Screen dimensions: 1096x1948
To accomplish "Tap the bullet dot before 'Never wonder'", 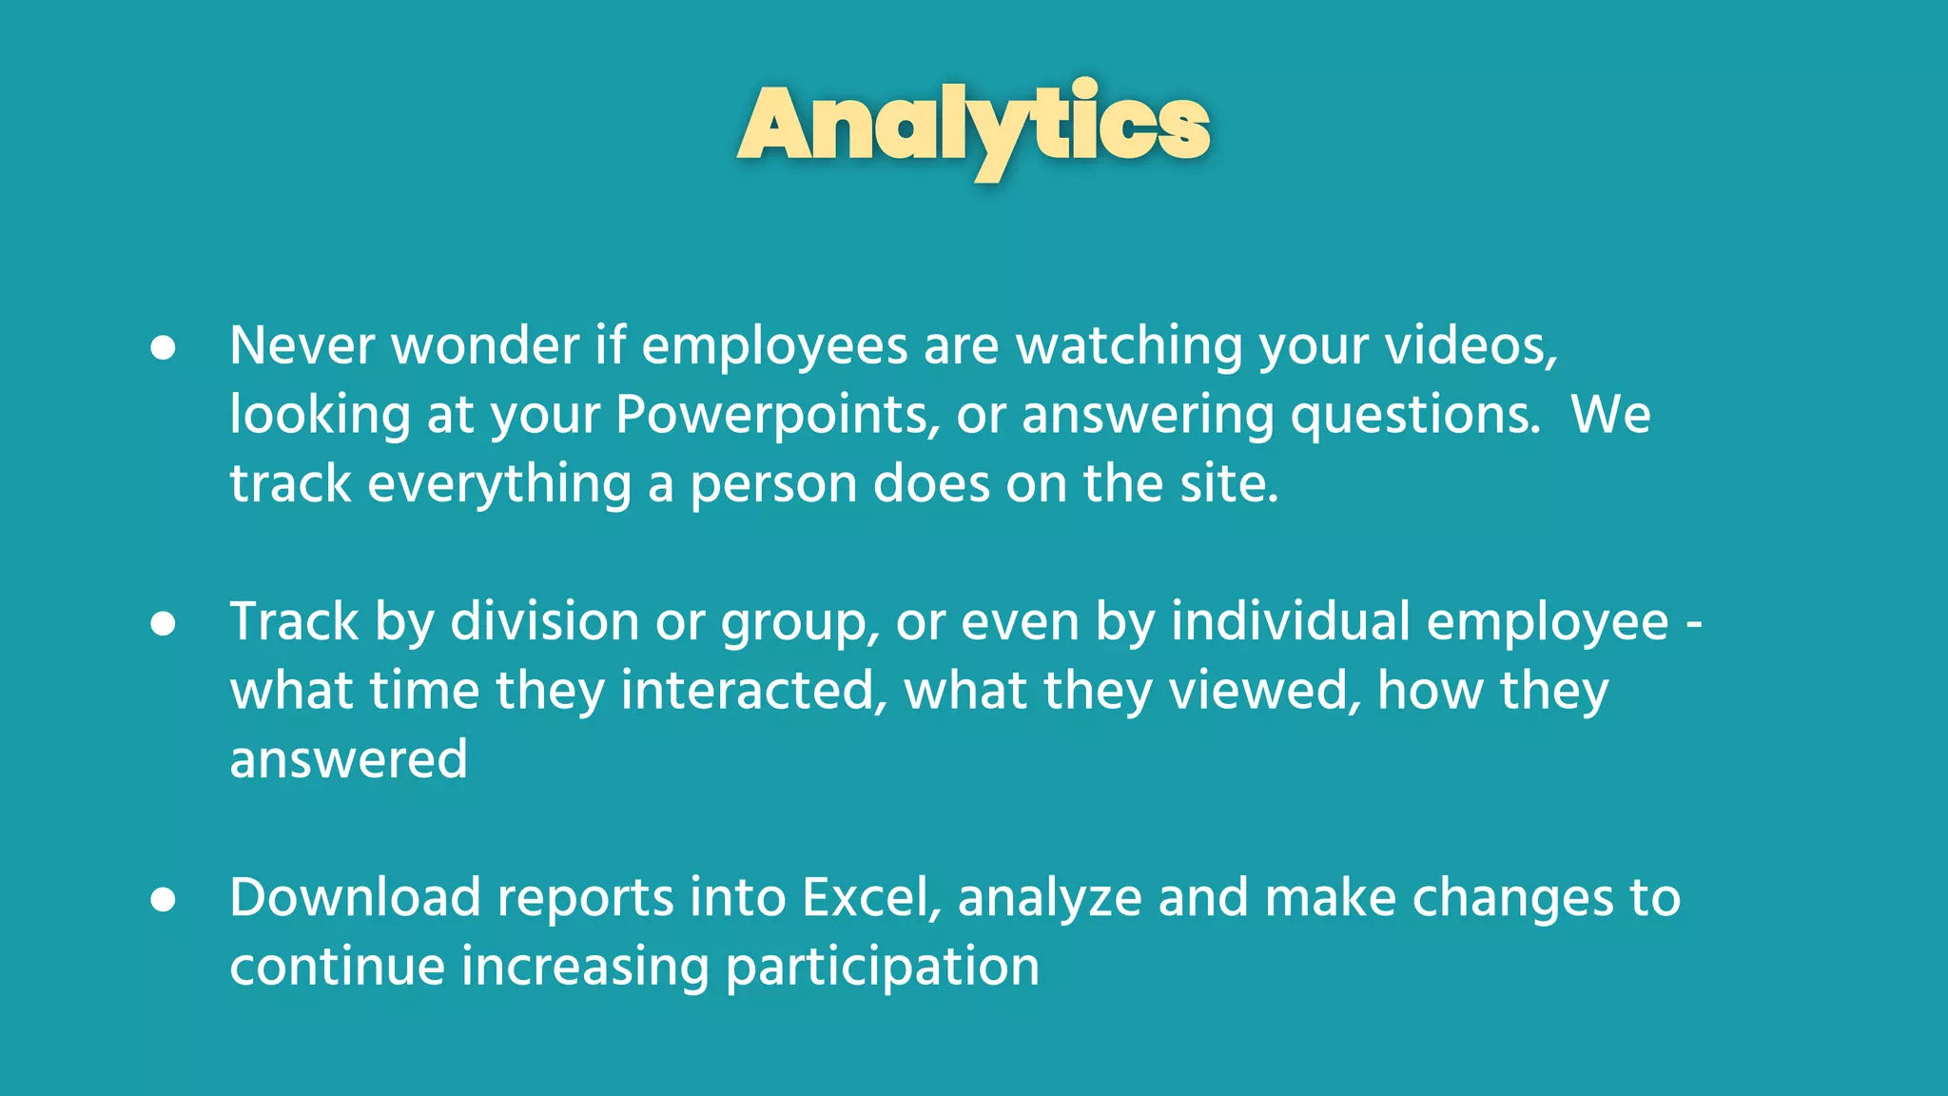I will pyautogui.click(x=164, y=348).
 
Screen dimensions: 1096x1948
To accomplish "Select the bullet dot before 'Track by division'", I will pyautogui.click(x=164, y=624).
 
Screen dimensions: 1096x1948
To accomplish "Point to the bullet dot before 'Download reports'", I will pyautogui.click(x=164, y=900).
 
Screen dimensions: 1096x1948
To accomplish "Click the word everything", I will pyautogui.click(x=499, y=484).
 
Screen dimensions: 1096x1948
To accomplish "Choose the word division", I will pyautogui.click(x=544, y=622).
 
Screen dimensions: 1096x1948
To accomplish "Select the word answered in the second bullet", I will pyautogui.click(x=348, y=760).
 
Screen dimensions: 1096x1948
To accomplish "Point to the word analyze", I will pyautogui.click(x=1049, y=899).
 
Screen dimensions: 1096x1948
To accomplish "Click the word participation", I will pyautogui.click(x=882, y=969).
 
